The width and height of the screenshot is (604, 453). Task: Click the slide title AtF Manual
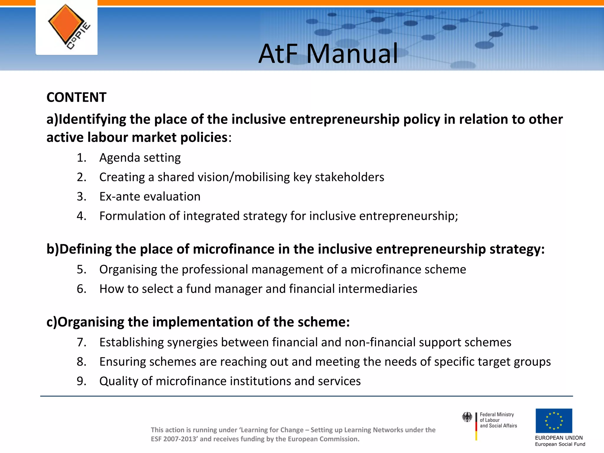coord(328,54)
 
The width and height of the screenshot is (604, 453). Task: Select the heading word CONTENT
coord(76,97)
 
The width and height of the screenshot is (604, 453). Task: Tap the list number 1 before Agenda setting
coord(81,158)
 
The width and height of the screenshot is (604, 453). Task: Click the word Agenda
coord(119,158)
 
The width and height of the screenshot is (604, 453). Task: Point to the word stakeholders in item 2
coord(349,177)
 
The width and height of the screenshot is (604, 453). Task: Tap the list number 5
coord(81,270)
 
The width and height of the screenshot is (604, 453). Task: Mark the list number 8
coord(81,362)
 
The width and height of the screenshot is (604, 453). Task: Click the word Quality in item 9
coord(119,381)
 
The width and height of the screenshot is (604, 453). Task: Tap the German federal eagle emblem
coord(467,417)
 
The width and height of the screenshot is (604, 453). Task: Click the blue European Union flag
coord(554,421)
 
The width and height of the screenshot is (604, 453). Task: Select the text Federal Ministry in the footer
coord(497,414)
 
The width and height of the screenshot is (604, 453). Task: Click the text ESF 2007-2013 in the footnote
coord(174,439)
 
